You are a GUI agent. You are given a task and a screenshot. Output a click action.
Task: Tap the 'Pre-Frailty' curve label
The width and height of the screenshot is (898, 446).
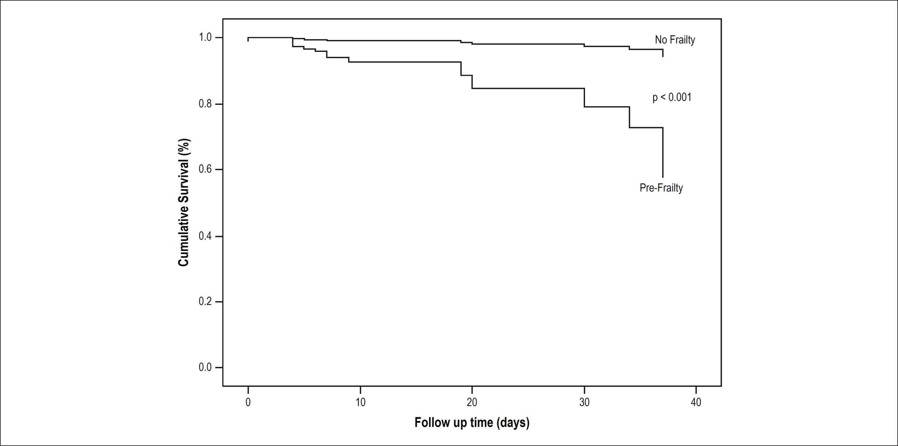tap(661, 188)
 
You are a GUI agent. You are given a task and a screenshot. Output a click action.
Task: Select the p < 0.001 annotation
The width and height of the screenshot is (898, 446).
tap(672, 97)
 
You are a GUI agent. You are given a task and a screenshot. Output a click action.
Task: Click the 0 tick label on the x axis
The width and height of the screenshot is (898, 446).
tap(248, 402)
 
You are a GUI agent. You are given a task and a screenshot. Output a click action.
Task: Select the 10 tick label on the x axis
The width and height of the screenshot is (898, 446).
tap(360, 402)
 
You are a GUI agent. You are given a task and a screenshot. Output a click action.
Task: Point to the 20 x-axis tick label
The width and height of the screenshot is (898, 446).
tap(472, 402)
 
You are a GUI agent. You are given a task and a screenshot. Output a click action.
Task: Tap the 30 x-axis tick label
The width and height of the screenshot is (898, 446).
tap(584, 402)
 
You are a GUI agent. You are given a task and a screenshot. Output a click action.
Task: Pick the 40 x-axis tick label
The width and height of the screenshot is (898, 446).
tap(696, 402)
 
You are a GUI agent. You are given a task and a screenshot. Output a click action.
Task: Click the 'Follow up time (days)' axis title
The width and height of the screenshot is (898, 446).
tap(472, 423)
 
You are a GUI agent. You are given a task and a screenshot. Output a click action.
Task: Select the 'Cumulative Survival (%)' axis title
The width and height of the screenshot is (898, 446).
tap(183, 202)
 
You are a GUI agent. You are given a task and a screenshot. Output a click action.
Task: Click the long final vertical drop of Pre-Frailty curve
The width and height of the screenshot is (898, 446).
tap(663, 152)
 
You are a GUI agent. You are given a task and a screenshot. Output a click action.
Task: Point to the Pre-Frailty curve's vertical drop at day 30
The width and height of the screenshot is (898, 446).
tap(584, 98)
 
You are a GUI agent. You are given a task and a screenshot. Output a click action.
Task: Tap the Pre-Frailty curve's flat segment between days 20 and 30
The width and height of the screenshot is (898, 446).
tap(528, 88)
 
